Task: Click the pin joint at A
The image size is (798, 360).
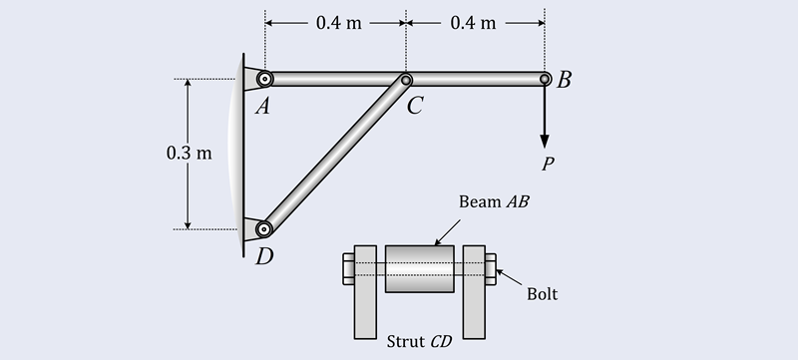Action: (x=264, y=79)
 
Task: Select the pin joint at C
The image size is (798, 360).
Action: (x=406, y=80)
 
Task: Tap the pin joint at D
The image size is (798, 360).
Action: (x=264, y=228)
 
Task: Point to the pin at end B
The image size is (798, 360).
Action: (x=545, y=79)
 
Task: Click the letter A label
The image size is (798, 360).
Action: (x=262, y=107)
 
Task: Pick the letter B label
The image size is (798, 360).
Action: (x=564, y=81)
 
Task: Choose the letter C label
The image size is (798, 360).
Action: (x=415, y=107)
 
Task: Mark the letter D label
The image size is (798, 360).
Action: (x=263, y=257)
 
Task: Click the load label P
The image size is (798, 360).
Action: (x=546, y=165)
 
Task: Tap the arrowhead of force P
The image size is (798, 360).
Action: (x=545, y=139)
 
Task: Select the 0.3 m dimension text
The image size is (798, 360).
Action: (x=190, y=154)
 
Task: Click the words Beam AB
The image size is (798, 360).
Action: (x=494, y=201)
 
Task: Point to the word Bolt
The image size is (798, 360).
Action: (x=542, y=294)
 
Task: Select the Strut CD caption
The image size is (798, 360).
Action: (x=419, y=341)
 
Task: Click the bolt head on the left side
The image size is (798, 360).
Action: (x=346, y=267)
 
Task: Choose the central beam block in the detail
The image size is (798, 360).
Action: (x=419, y=268)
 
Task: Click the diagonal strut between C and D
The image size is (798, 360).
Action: (x=335, y=154)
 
